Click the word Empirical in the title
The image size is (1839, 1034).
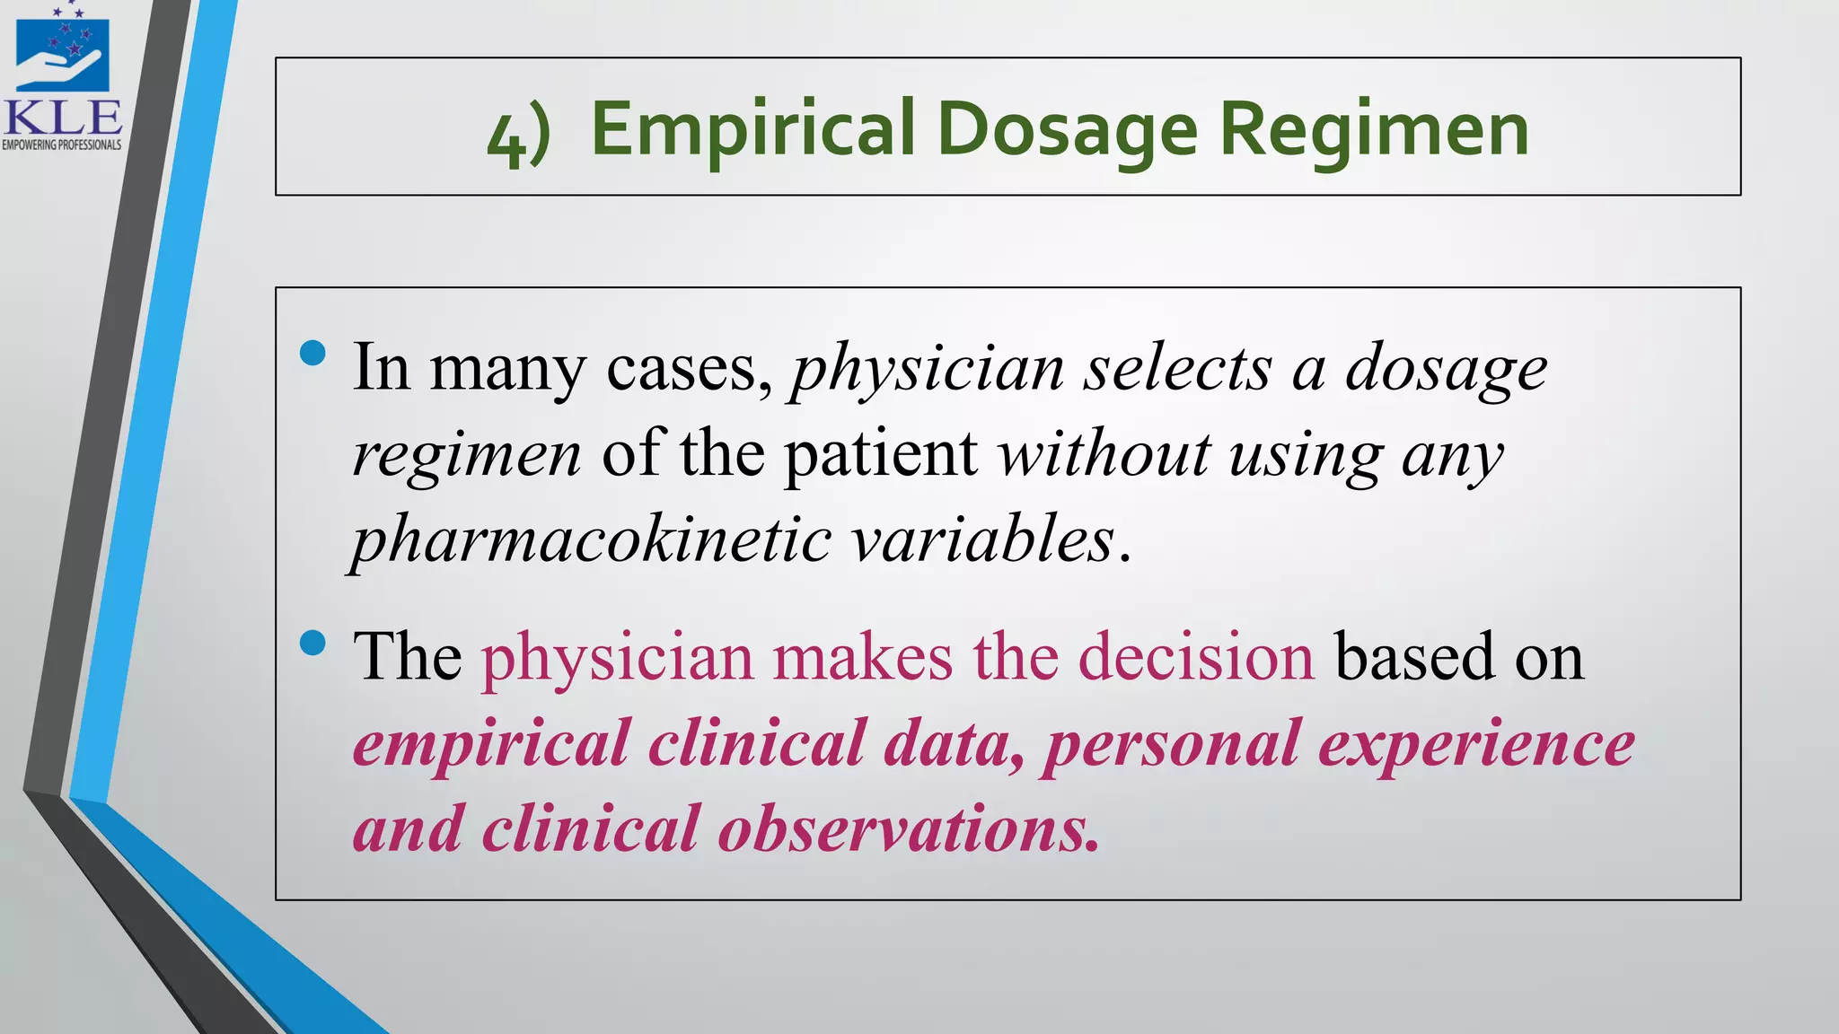point(752,130)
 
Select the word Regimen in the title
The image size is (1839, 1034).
point(1373,130)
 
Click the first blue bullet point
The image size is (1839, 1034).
point(312,354)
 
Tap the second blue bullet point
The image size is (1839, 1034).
point(312,643)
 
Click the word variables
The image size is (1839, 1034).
point(982,540)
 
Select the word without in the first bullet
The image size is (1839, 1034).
point(1104,454)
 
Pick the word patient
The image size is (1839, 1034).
point(881,454)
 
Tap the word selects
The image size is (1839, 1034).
point(1177,368)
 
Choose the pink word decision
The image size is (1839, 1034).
point(1196,657)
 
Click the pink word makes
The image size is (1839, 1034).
point(862,657)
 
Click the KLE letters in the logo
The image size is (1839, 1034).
point(62,118)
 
